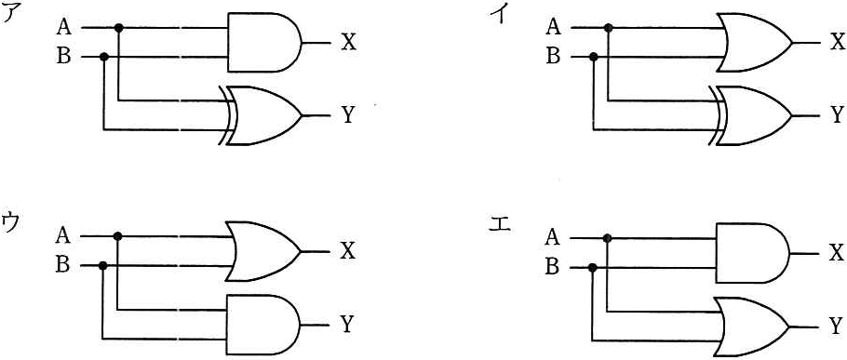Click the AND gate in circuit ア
tap(264, 42)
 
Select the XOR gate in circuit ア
tap(261, 115)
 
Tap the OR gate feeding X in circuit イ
tap(754, 42)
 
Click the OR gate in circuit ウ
tap(262, 251)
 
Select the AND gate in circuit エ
tap(752, 253)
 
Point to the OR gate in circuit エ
tap(752, 326)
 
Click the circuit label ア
tap(11, 15)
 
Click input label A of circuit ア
tap(63, 26)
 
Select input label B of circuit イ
tap(553, 56)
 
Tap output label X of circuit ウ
tap(348, 251)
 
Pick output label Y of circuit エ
tap(836, 325)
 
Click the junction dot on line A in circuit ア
tap(119, 27)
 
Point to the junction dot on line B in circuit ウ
tap(102, 265)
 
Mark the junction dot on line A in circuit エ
tap(607, 238)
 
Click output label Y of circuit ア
tap(348, 115)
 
